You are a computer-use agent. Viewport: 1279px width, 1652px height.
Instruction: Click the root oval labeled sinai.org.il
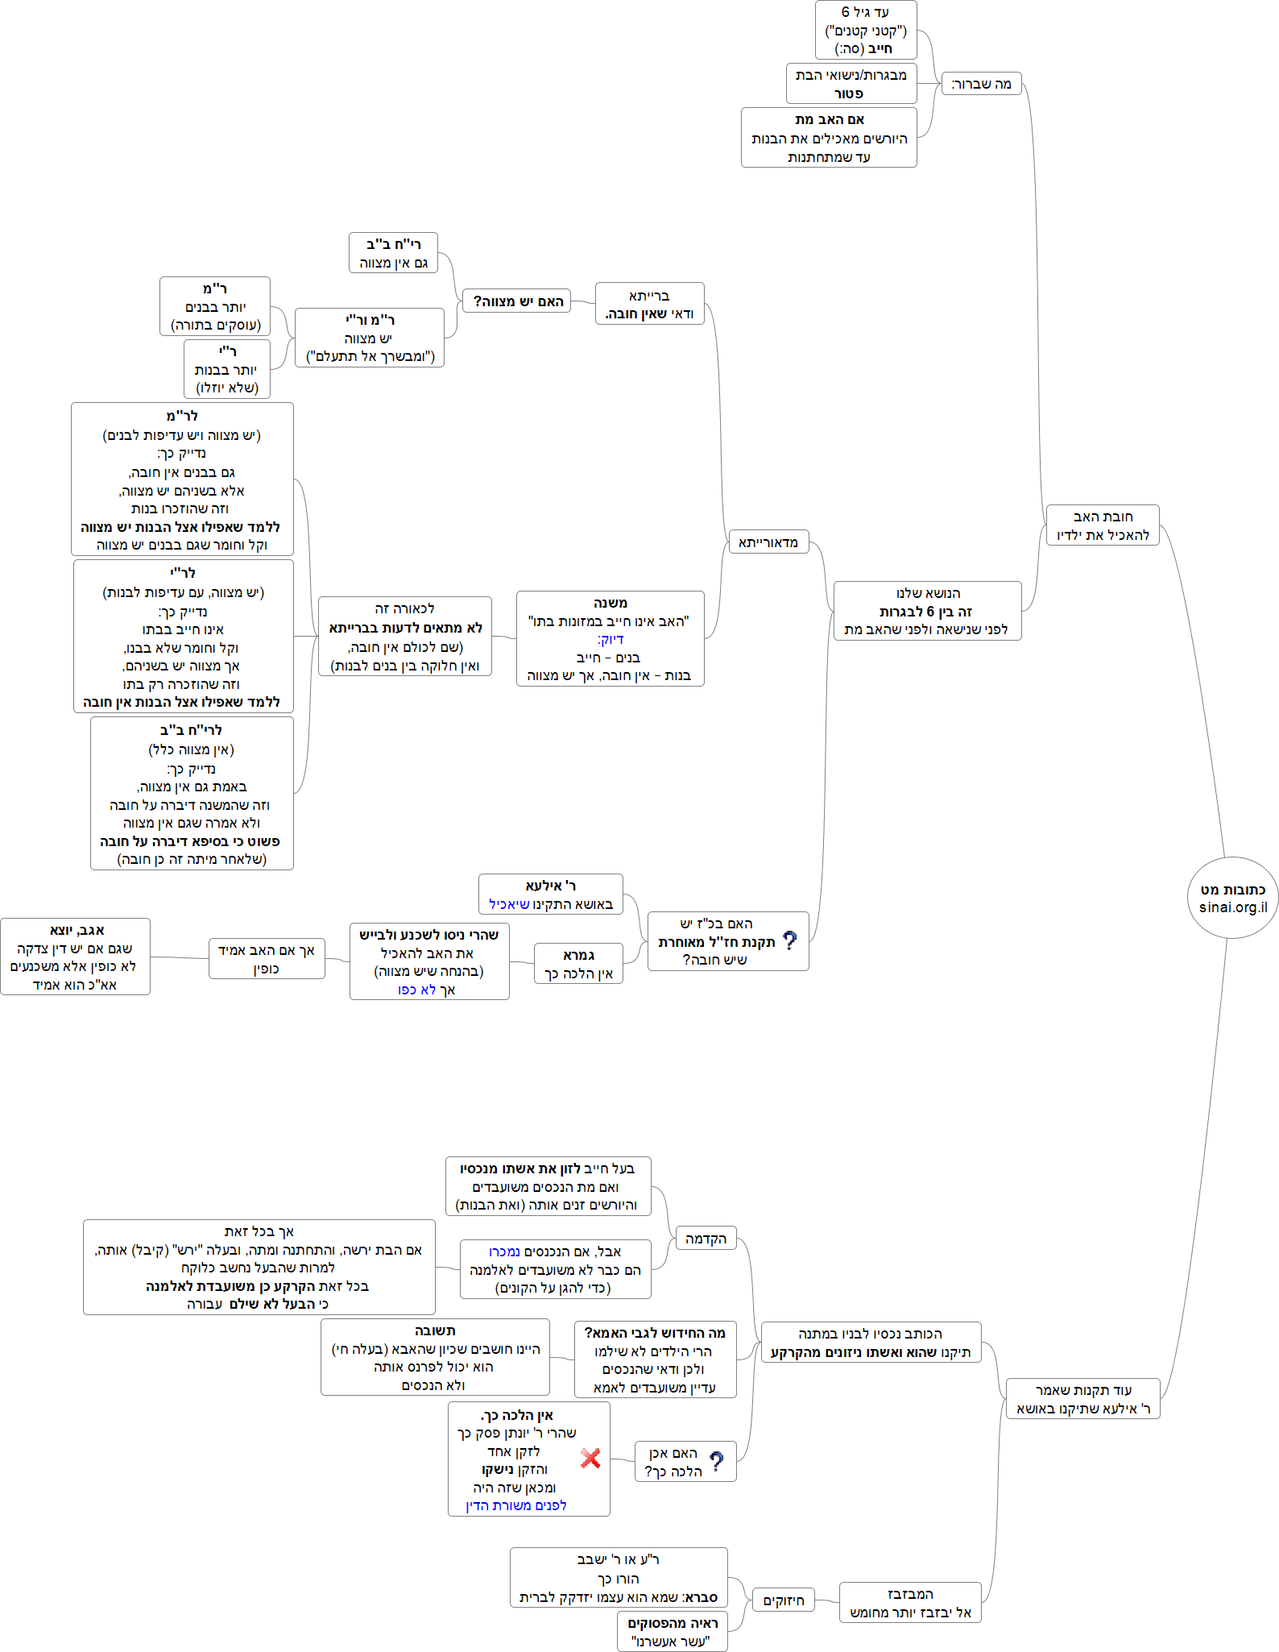(x=1232, y=898)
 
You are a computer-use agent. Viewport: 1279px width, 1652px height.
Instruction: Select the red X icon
(x=590, y=1458)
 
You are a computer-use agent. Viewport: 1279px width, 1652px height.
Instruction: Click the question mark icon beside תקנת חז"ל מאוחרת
(x=789, y=940)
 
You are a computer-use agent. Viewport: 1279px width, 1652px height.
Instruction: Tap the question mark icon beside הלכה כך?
(x=717, y=1461)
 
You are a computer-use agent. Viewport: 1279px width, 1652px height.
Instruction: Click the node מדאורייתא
(x=768, y=542)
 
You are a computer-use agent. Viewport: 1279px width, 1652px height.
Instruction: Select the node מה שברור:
(x=981, y=84)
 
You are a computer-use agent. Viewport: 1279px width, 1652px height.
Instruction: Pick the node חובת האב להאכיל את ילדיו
(x=1102, y=525)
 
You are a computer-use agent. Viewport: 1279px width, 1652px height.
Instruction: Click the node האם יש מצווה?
(x=517, y=301)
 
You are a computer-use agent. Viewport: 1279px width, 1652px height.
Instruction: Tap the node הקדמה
(x=706, y=1239)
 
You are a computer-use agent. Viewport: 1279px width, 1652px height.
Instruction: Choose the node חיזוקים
(x=783, y=1600)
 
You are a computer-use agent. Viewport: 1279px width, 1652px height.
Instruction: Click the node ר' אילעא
(x=550, y=894)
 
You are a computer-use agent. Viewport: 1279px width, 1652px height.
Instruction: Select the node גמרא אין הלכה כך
(x=578, y=964)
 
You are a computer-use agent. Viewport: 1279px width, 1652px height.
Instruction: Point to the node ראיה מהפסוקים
(x=672, y=1632)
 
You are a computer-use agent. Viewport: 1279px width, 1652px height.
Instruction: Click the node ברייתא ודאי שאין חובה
(x=649, y=304)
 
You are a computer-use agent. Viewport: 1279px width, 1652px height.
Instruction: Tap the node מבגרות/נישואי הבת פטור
(x=851, y=84)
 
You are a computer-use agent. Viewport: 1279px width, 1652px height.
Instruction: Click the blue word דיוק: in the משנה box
(x=611, y=640)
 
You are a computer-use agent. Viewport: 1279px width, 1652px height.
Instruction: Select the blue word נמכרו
(x=504, y=1251)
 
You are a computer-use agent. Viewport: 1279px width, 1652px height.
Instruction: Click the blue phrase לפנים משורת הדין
(x=515, y=1505)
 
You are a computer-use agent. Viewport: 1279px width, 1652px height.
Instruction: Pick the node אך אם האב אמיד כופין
(x=267, y=959)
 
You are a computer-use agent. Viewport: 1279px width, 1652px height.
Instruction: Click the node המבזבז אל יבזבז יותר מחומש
(x=909, y=1603)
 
